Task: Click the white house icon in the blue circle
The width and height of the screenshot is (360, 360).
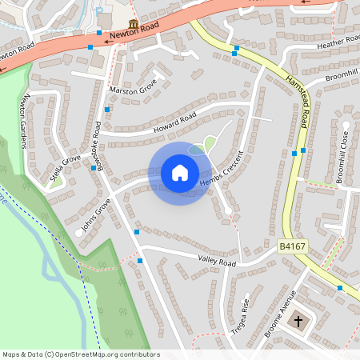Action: click(180, 173)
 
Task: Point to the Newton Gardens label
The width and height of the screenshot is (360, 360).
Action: click(25, 121)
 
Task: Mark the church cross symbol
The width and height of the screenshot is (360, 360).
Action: click(299, 321)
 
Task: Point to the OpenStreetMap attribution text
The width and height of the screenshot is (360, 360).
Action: click(81, 354)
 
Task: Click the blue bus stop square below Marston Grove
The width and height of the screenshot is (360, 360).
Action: click(107, 109)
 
